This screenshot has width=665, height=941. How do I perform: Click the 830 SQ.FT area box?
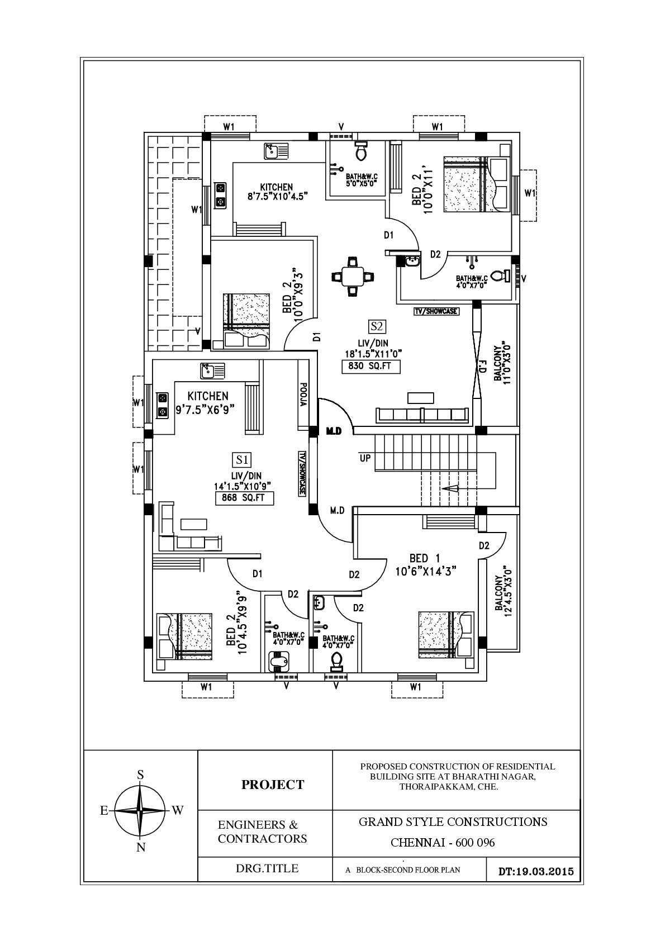point(371,367)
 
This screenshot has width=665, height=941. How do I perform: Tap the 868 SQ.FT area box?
point(244,498)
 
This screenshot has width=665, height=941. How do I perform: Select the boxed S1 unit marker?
point(242,460)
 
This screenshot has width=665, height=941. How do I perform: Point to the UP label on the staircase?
point(365,458)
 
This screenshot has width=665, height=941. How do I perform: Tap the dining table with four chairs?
point(352,275)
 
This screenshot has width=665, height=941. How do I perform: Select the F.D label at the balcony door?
point(481,368)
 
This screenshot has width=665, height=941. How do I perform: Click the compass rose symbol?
point(140,810)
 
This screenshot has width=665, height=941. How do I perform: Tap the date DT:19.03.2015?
point(535,871)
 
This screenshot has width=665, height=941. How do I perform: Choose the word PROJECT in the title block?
point(273,785)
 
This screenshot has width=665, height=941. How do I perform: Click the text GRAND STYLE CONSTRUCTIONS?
point(453,821)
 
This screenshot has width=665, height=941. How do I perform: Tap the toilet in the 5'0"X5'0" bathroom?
point(360,150)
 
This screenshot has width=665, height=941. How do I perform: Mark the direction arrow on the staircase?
point(450,488)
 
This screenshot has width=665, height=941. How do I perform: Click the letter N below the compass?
point(141,848)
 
